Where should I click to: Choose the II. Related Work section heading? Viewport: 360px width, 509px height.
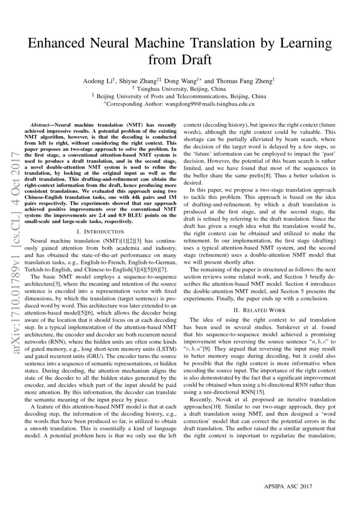coord(260,310)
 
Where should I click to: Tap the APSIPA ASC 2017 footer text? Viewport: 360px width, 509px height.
coord(288,486)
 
